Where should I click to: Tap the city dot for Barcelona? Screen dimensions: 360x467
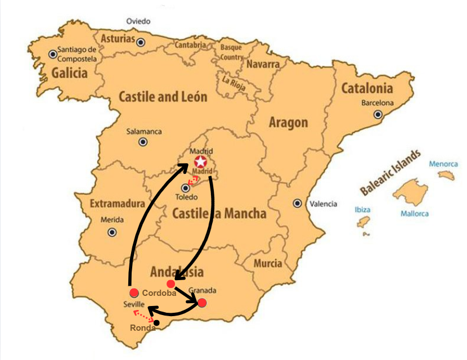pos(378,114)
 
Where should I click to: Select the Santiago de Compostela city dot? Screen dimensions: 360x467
pos(53,54)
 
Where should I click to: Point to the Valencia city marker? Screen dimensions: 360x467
pos(297,204)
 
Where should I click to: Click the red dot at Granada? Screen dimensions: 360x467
pos(202,303)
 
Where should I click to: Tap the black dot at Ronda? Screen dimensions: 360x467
pos(156,323)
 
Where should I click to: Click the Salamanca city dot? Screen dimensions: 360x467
pos(143,142)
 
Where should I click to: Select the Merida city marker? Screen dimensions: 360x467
pos(113,231)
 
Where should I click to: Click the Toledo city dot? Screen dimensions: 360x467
pos(186,188)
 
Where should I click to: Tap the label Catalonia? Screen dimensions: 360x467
pos(366,88)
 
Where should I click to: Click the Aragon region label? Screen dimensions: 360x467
pos(288,123)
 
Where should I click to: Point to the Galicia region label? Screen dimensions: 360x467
pos(70,73)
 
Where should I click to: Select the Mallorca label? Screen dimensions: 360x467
pos(414,214)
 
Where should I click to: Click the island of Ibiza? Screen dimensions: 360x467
pos(363,223)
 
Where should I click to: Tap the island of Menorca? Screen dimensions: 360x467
pos(446,175)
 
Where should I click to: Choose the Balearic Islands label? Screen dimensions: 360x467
pos(390,173)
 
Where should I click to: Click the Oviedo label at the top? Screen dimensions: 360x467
pos(138,21)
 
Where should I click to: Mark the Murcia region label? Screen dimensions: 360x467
pos(268,263)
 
